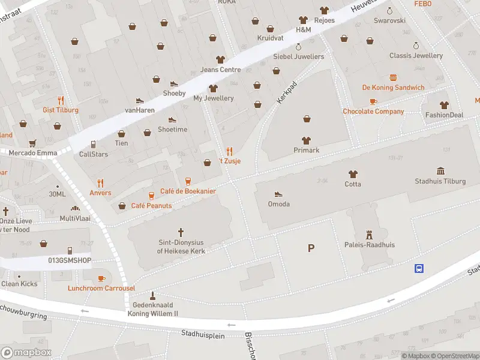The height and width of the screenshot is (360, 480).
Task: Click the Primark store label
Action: (306, 150)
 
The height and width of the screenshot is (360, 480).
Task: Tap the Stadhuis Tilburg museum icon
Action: (441, 171)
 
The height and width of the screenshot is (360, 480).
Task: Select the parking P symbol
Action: (311, 248)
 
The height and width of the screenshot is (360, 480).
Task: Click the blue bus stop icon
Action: (418, 268)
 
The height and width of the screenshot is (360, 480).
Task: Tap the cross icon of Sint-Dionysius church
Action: (181, 232)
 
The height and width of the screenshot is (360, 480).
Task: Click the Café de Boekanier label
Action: (188, 191)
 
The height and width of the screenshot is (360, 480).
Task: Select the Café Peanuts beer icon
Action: (151, 196)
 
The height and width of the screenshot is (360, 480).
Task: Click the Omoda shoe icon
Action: (278, 194)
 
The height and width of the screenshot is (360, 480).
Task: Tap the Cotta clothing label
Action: (353, 184)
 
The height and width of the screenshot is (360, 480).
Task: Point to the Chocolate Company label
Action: (373, 112)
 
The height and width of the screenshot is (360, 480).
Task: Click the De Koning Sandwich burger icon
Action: (393, 77)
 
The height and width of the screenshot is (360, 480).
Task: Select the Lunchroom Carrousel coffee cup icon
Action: (101, 278)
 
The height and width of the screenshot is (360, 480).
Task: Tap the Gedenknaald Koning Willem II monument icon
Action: (152, 295)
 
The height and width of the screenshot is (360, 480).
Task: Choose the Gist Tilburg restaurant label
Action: (61, 110)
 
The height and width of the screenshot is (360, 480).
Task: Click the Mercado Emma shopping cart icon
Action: (32, 143)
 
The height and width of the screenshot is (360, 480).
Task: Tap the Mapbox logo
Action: (26, 353)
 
